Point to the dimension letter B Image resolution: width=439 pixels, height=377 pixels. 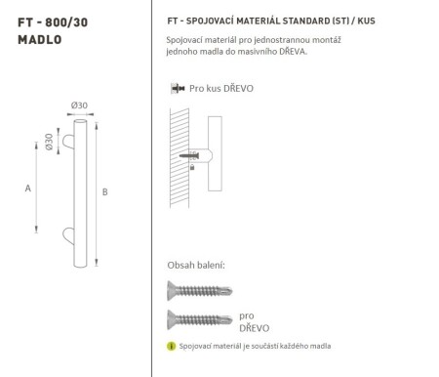tap(104, 191)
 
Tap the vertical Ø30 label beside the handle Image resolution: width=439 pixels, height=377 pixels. tap(49, 142)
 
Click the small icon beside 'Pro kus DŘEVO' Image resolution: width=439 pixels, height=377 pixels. tap(175, 88)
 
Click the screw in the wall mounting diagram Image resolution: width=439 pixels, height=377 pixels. tap(194, 155)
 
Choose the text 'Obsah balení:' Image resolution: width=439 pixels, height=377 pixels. tap(197, 265)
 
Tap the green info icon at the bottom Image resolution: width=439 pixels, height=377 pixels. tap(172, 347)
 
